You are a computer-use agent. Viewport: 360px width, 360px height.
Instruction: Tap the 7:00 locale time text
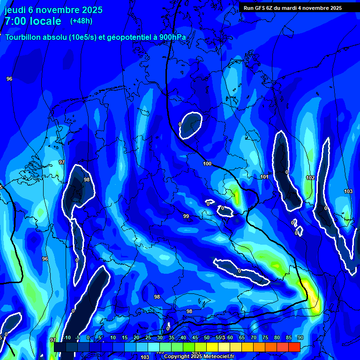point(33,21)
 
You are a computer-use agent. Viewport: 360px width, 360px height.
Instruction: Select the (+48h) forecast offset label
point(81,21)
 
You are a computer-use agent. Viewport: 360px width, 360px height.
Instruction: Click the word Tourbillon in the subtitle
point(23,37)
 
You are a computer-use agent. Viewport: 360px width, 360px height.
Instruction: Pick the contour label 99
point(186,216)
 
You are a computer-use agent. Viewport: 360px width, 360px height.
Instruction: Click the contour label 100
point(207,164)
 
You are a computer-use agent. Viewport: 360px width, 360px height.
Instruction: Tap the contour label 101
point(264,177)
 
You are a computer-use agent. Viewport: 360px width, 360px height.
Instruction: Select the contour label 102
point(310,178)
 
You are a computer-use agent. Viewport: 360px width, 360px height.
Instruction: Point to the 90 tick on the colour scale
point(300,337)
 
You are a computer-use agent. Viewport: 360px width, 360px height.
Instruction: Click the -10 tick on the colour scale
point(67,337)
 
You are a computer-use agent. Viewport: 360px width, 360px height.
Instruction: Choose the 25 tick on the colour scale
point(148,337)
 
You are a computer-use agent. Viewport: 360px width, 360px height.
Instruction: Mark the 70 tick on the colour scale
point(254,337)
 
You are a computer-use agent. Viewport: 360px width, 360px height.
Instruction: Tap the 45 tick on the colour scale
point(195,337)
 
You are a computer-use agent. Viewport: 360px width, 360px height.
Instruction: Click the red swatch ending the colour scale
point(294,347)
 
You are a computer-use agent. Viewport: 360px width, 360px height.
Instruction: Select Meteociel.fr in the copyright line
point(218,357)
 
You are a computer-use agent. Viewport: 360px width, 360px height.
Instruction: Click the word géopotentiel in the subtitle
point(127,37)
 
